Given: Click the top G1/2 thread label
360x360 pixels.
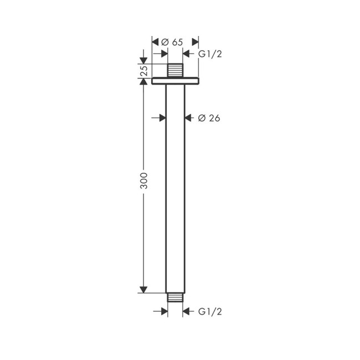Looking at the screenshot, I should tap(210, 54).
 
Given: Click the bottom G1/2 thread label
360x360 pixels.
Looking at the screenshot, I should tap(210, 312).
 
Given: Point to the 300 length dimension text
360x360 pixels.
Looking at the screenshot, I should tap(144, 182).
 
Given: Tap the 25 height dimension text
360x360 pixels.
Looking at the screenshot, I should tap(143, 71).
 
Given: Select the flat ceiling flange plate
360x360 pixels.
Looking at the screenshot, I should tap(175, 81).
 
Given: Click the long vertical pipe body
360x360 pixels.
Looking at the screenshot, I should tap(175, 188).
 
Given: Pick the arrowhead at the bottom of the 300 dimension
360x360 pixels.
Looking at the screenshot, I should tap(143, 289).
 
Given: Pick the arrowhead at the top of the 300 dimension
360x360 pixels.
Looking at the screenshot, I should tap(143, 89).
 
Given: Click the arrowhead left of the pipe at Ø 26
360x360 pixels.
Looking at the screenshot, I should tap(162, 117).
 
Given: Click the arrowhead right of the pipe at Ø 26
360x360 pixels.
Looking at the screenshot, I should tap(188, 117).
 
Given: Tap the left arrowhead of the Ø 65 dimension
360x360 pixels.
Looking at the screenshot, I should tap(156, 42).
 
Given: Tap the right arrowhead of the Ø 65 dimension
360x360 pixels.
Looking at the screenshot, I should tap(194, 42).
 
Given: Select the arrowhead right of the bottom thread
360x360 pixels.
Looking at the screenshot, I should tap(187, 312).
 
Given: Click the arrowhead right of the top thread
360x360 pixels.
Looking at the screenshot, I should tap(187, 54).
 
